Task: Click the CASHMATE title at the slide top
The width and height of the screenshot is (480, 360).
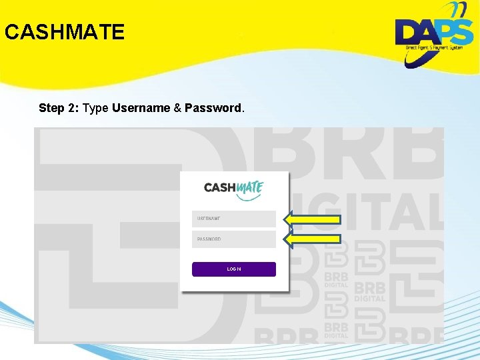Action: click(x=64, y=32)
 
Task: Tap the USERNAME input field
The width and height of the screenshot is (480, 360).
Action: click(x=234, y=219)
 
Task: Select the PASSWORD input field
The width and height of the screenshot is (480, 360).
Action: click(x=234, y=239)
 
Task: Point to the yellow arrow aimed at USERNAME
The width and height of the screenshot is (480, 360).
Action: click(x=313, y=219)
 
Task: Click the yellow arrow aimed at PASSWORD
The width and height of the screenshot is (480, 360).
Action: click(x=313, y=238)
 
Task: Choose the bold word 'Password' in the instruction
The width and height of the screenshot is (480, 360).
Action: click(x=213, y=108)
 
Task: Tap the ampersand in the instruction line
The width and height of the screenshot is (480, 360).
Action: click(x=177, y=108)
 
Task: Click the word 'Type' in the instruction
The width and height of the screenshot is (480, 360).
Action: click(x=96, y=108)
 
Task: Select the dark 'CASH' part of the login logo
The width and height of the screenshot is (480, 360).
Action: click(x=220, y=188)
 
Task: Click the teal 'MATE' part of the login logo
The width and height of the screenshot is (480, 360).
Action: click(x=250, y=187)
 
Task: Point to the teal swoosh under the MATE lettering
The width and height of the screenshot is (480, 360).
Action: click(x=251, y=197)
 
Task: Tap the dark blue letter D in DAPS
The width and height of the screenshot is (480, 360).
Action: click(x=409, y=32)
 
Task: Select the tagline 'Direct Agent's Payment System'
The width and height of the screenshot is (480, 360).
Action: click(x=434, y=48)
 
